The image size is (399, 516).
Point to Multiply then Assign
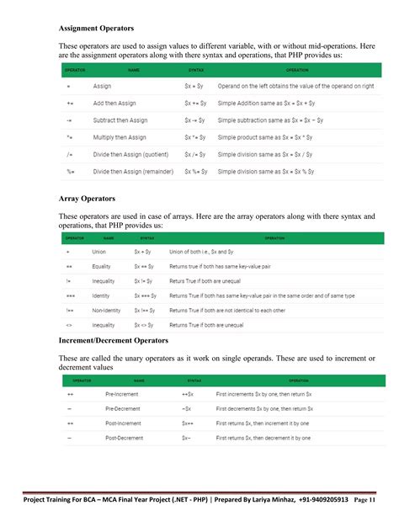pyautogui.click(x=120, y=136)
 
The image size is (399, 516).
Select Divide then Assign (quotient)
pyautogui.click(x=132, y=154)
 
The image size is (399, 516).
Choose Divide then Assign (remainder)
pyautogui.click(x=134, y=171)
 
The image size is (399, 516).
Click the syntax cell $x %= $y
pyautogui.click(x=197, y=171)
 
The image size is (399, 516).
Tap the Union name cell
pyautogui.click(x=98, y=252)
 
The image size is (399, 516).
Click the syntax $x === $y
pyautogui.click(x=146, y=295)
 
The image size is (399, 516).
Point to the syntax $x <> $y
pyautogui.click(x=145, y=325)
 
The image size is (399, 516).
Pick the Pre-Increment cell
pyautogui.click(x=123, y=394)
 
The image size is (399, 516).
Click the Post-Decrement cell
pyautogui.click(x=124, y=439)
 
